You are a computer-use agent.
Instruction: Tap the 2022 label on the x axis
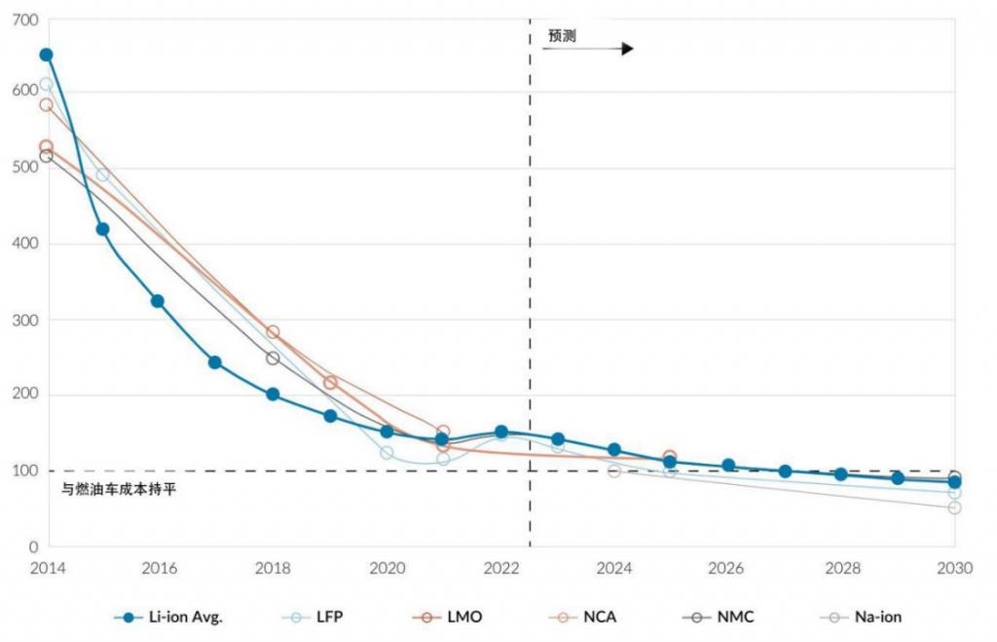click(x=501, y=568)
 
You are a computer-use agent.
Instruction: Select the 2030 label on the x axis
click(x=954, y=568)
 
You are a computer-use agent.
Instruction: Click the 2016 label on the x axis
click(x=159, y=568)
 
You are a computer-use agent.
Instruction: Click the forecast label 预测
click(x=562, y=36)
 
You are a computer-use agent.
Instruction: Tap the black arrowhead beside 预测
click(x=627, y=49)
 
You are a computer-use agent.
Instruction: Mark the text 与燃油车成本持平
click(x=119, y=488)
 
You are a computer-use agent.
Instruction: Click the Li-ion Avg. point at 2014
click(x=46, y=55)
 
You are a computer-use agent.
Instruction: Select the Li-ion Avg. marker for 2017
click(x=215, y=362)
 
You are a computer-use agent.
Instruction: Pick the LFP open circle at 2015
click(x=102, y=175)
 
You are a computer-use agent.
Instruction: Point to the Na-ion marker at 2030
click(x=954, y=508)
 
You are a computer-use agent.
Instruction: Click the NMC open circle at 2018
click(x=273, y=358)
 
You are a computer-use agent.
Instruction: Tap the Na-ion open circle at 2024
click(x=614, y=471)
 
